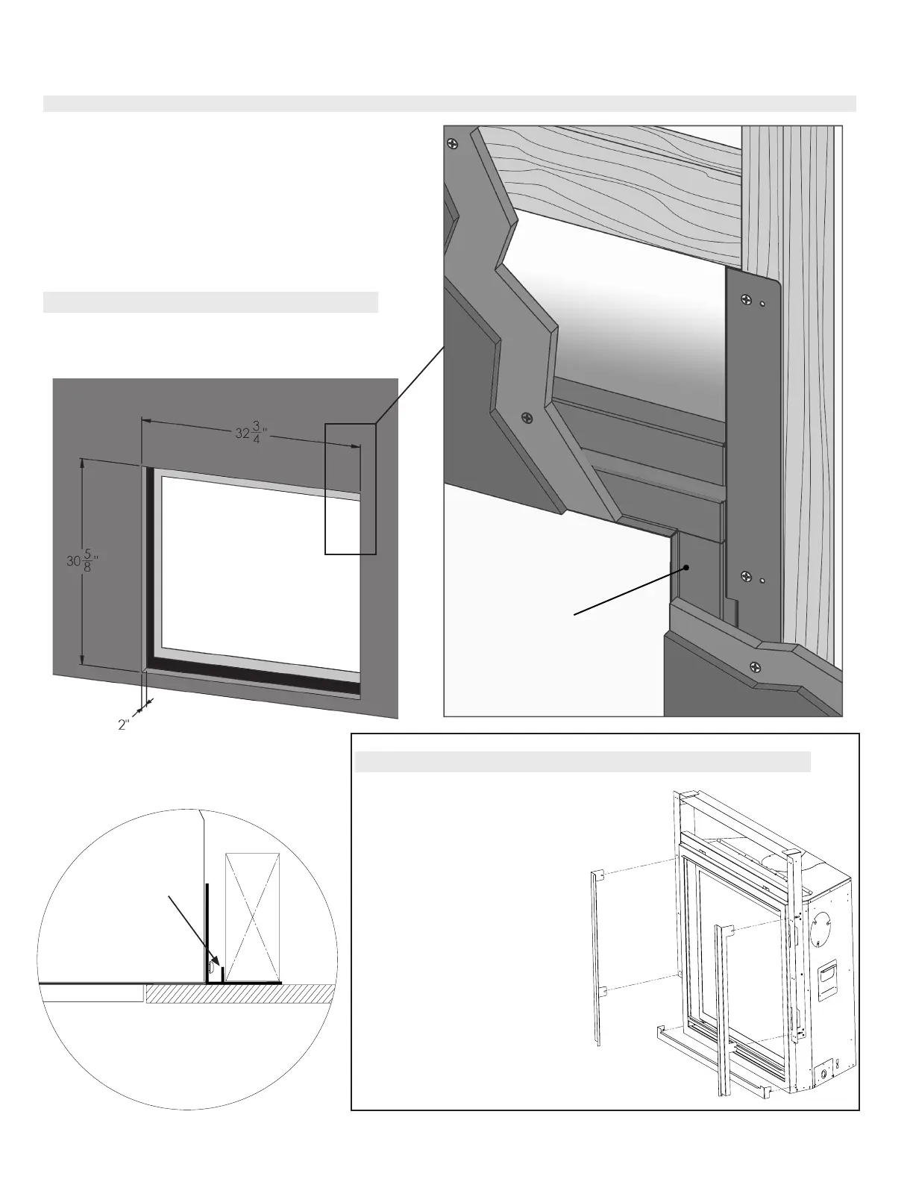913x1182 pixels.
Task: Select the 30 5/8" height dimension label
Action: pos(78,564)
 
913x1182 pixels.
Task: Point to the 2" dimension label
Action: pos(124,724)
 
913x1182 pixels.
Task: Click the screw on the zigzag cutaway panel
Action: pos(528,418)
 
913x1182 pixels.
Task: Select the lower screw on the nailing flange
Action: pos(744,575)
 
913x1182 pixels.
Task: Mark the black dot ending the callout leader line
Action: pos(686,568)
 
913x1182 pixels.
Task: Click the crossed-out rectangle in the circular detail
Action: pos(253,915)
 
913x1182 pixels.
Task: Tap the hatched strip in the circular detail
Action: pos(239,994)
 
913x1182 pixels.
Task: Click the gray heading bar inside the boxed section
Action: pos(583,762)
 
